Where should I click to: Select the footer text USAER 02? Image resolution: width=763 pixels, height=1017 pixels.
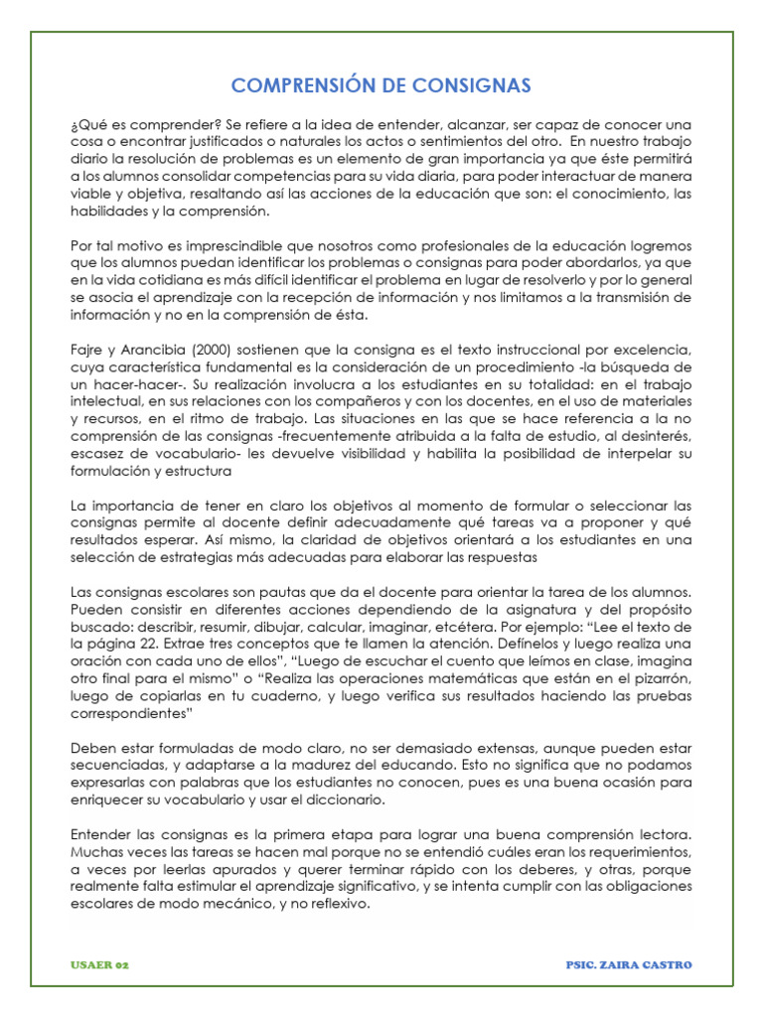click(x=99, y=964)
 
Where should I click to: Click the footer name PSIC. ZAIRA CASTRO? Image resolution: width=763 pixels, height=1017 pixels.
click(x=627, y=964)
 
